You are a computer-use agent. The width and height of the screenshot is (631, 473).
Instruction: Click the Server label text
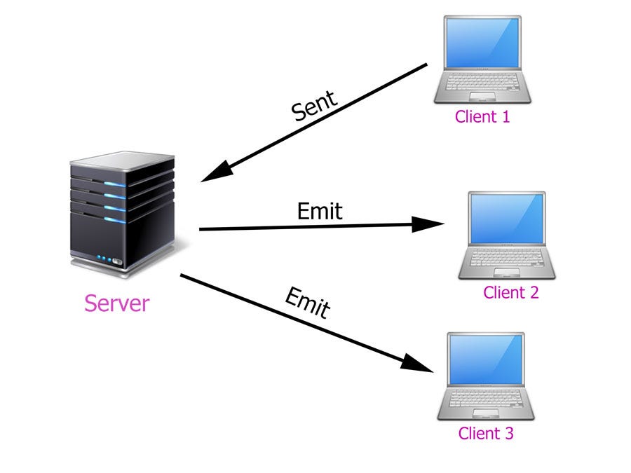click(116, 303)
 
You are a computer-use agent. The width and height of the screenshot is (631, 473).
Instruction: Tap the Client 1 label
click(482, 116)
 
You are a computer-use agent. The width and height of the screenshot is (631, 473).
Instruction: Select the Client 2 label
click(510, 292)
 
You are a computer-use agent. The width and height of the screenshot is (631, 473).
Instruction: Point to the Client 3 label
click(486, 433)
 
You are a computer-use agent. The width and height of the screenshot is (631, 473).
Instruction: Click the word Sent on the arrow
click(315, 106)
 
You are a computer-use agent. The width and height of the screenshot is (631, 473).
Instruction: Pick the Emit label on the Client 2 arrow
click(320, 210)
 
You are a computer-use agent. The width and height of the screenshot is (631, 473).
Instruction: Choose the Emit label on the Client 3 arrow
click(307, 302)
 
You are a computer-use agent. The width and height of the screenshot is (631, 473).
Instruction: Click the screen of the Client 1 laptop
click(482, 44)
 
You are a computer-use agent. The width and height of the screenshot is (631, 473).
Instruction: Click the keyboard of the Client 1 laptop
click(483, 83)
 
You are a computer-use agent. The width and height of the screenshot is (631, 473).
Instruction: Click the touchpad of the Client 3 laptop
click(486, 413)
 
